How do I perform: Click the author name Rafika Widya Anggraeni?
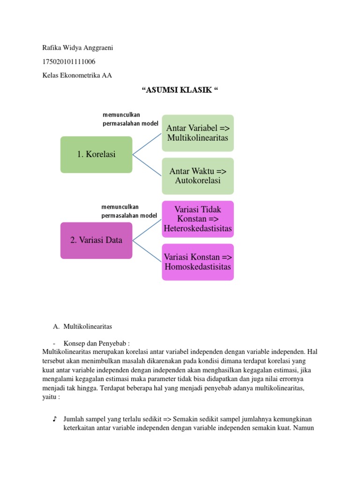77,47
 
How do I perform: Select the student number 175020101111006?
69,61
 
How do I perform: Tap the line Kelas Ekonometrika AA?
77,75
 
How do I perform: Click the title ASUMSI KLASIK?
180,90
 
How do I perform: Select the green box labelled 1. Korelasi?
96,154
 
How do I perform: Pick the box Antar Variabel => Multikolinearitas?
198,133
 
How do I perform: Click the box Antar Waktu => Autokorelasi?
198,176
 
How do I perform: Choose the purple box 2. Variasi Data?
96,240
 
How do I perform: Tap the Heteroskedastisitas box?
198,219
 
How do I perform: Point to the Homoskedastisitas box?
198,262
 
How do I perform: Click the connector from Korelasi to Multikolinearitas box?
147,144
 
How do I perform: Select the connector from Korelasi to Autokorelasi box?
147,165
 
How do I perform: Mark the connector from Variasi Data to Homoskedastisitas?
147,251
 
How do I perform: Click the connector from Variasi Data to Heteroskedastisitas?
147,230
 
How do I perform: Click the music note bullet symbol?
55,419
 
